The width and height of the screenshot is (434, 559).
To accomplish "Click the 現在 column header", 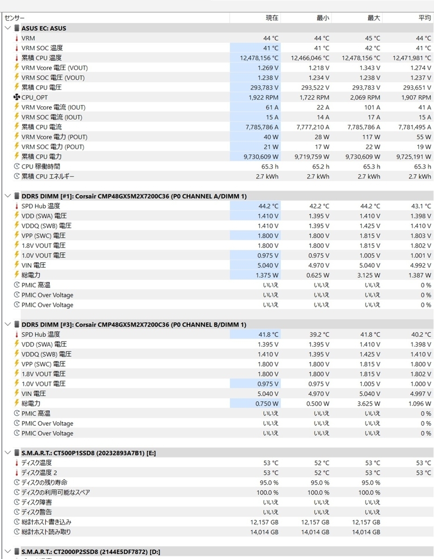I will click(272, 18).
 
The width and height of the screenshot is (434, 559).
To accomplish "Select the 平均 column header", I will click(424, 18).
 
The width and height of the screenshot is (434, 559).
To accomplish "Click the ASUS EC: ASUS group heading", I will click(44, 28).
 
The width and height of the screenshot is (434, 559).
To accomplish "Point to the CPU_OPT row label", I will click(34, 97).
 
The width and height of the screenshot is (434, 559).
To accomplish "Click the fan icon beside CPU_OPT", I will click(17, 97).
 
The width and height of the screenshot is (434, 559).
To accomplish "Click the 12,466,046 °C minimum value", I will click(310, 58).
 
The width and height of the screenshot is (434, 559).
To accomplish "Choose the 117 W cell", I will click(371, 137).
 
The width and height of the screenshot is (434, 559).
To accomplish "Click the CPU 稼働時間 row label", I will click(40, 166).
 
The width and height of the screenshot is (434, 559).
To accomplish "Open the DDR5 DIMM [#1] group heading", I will click(134, 196).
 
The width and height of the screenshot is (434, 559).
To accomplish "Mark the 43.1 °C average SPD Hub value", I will click(421, 206).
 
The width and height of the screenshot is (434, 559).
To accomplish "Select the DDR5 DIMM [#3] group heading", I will click(134, 325).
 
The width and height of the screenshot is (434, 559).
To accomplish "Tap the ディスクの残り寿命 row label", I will click(44, 482).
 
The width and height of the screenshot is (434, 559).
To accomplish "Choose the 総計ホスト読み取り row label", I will click(46, 532).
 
